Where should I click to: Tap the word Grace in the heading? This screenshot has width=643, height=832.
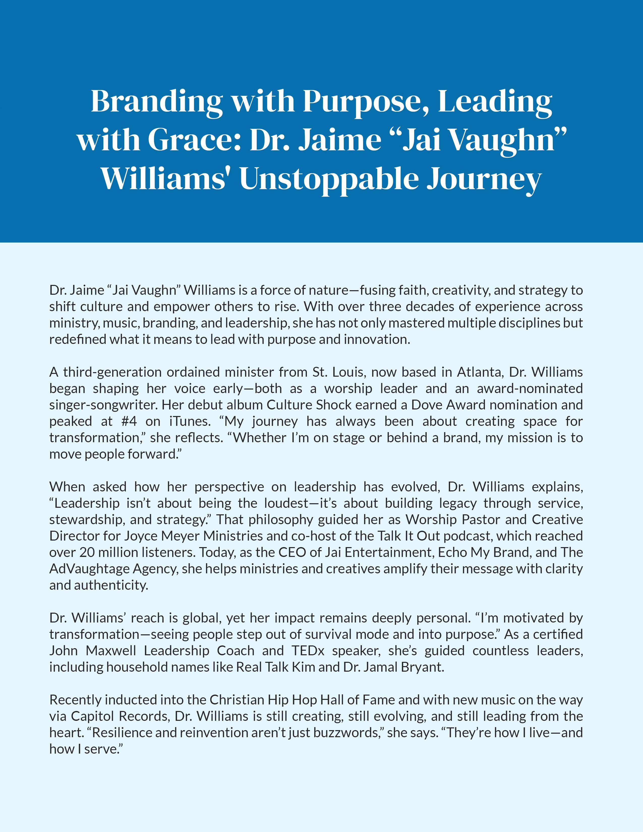point(195,140)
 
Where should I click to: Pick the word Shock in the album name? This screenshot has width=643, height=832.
point(332,405)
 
